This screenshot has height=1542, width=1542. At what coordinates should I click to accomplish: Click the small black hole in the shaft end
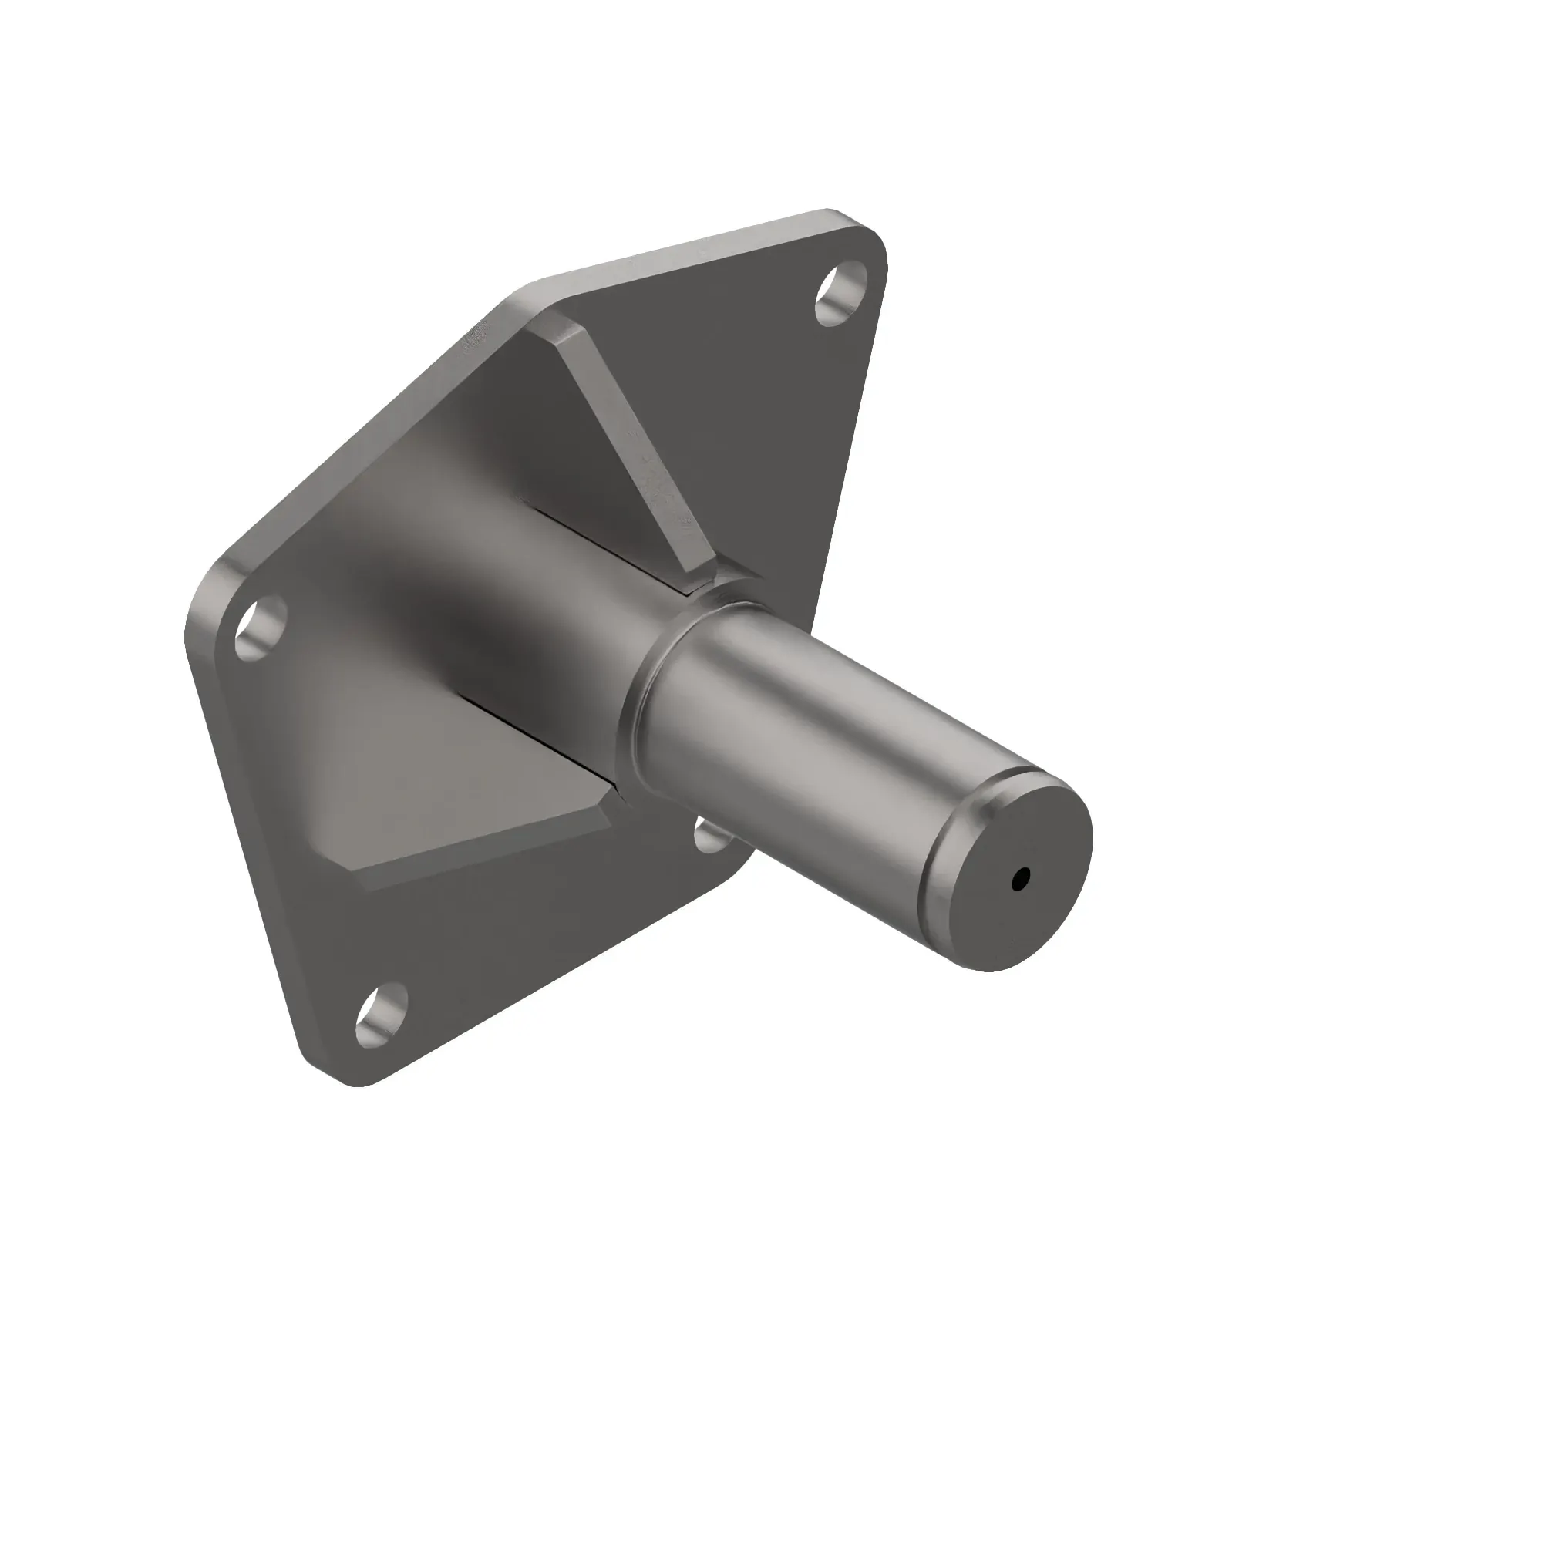[1020, 880]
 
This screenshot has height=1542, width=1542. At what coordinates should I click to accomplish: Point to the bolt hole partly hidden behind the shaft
[709, 835]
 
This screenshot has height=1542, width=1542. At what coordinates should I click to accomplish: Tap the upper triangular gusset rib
[631, 447]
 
